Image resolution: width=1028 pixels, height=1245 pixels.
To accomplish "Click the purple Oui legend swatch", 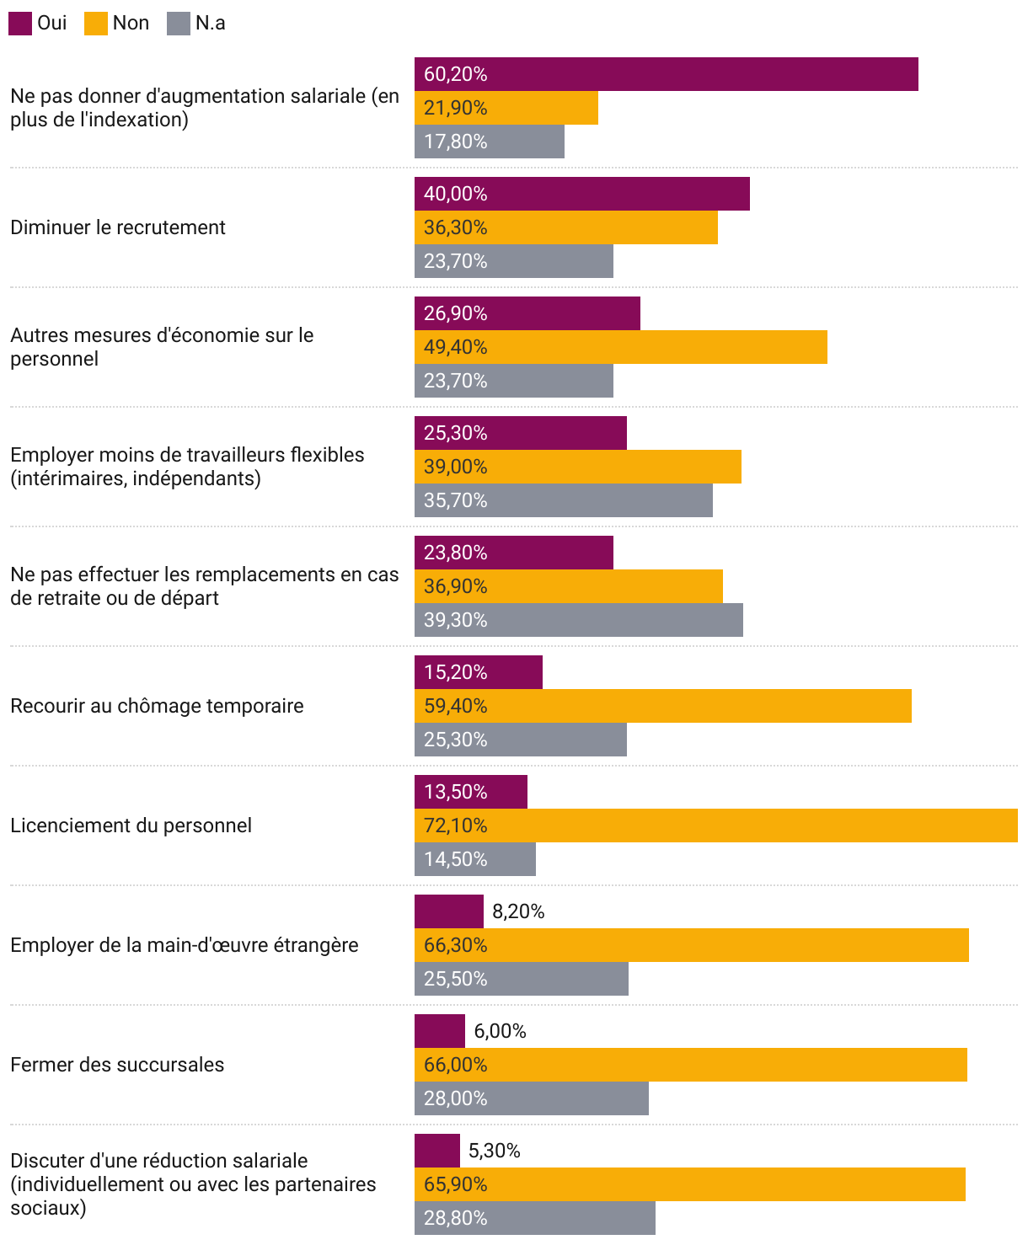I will tap(20, 24).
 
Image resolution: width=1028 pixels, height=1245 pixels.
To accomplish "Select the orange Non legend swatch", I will tap(96, 24).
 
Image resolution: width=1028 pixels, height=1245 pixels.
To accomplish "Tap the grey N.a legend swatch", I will tap(179, 24).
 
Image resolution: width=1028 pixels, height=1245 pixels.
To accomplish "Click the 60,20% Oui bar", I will tap(666, 74).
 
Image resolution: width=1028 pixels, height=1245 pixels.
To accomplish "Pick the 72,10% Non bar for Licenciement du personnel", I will tap(715, 826).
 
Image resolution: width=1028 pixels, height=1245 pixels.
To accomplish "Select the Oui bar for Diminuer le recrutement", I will tap(581, 194).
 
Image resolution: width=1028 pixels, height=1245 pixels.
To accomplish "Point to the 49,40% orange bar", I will tap(620, 347).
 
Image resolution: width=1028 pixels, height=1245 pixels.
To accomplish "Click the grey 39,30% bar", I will tap(578, 620).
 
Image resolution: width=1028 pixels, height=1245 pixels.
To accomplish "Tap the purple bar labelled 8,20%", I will tap(448, 911).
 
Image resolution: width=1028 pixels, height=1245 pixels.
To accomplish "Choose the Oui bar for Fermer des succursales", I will tap(439, 1031).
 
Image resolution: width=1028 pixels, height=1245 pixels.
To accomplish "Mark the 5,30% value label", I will tap(495, 1151).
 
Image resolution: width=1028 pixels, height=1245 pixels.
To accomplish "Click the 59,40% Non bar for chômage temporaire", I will tap(662, 706).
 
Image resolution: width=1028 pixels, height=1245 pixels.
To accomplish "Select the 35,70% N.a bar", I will tap(563, 500).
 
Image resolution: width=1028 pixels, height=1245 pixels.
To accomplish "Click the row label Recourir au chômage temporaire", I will tap(157, 706).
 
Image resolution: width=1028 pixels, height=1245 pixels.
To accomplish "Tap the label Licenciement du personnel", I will tap(131, 826).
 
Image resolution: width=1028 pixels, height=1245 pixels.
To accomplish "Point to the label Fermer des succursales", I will tap(117, 1065).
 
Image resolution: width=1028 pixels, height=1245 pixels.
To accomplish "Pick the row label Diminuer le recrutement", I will tap(118, 227).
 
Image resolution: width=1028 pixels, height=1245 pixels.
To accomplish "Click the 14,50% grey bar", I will tap(474, 859).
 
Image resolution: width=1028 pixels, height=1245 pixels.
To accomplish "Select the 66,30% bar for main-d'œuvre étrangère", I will tap(691, 945).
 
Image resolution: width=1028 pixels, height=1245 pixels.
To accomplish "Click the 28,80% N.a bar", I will tap(534, 1218).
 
